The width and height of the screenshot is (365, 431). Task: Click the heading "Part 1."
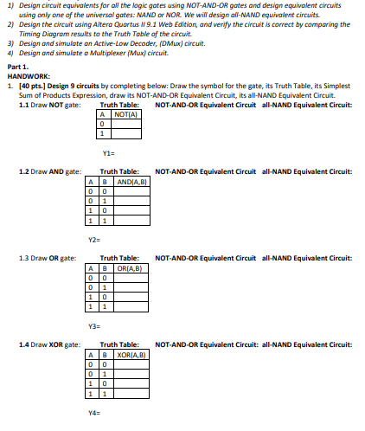pyautogui.click(x=19, y=67)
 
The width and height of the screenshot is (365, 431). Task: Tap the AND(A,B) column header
pyautogui.click(x=131, y=181)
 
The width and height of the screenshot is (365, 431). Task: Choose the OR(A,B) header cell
pyautogui.click(x=130, y=267)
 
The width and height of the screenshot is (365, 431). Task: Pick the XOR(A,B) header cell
pyautogui.click(x=131, y=355)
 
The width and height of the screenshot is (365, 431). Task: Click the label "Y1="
pyautogui.click(x=108, y=150)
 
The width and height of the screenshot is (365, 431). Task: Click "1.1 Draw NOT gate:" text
pyautogui.click(x=50, y=105)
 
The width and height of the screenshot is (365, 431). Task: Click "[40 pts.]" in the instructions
pyautogui.click(x=30, y=84)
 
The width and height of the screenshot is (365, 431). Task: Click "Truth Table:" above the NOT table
pyautogui.click(x=120, y=105)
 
